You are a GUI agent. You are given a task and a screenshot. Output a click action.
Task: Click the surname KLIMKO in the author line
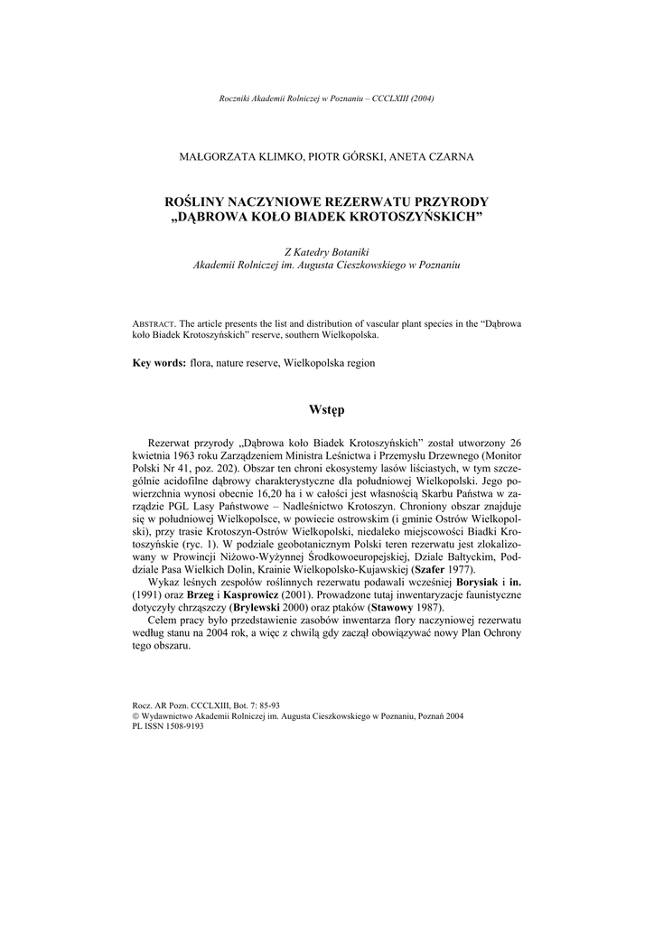pos(271,156)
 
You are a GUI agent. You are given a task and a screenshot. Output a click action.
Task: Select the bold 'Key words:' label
pos(159,362)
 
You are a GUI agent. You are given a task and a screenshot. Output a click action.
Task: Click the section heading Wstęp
pos(326,410)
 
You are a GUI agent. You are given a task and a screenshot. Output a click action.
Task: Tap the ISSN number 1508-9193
pos(182,725)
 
